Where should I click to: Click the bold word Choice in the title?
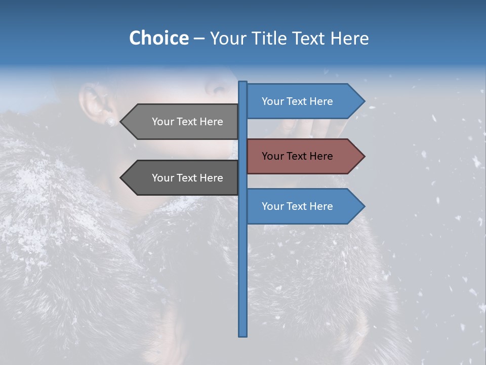[158, 38]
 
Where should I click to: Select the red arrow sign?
[304, 156]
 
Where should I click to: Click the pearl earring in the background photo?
[111, 122]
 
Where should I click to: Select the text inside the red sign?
[297, 156]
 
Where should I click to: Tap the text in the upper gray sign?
[187, 122]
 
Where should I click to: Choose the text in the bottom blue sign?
[297, 206]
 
